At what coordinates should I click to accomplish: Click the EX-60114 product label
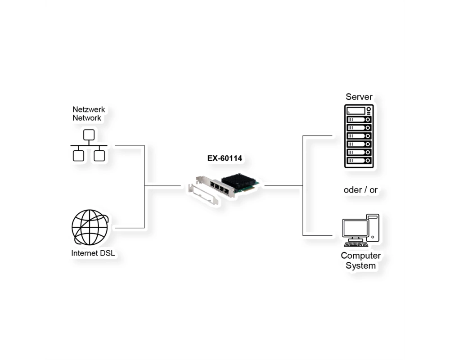point(225,158)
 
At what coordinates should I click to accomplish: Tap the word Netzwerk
point(89,109)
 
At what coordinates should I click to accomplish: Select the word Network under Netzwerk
point(87,118)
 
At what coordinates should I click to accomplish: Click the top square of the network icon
point(89,135)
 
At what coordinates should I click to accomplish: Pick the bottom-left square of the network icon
point(78,156)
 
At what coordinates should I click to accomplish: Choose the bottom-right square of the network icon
point(99,156)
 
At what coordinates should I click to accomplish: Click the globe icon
point(90,227)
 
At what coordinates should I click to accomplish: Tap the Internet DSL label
point(93,253)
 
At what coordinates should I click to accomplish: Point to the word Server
point(359,97)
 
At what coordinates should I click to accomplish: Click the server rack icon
point(359,136)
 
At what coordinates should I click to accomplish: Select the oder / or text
point(360,190)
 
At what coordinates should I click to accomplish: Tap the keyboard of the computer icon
point(356,244)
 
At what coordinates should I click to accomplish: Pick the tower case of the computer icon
point(373,228)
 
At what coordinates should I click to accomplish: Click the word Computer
point(361,256)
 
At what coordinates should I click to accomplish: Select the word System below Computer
point(361,265)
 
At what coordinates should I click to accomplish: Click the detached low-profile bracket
point(203,194)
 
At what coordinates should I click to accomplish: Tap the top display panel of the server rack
point(356,111)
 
